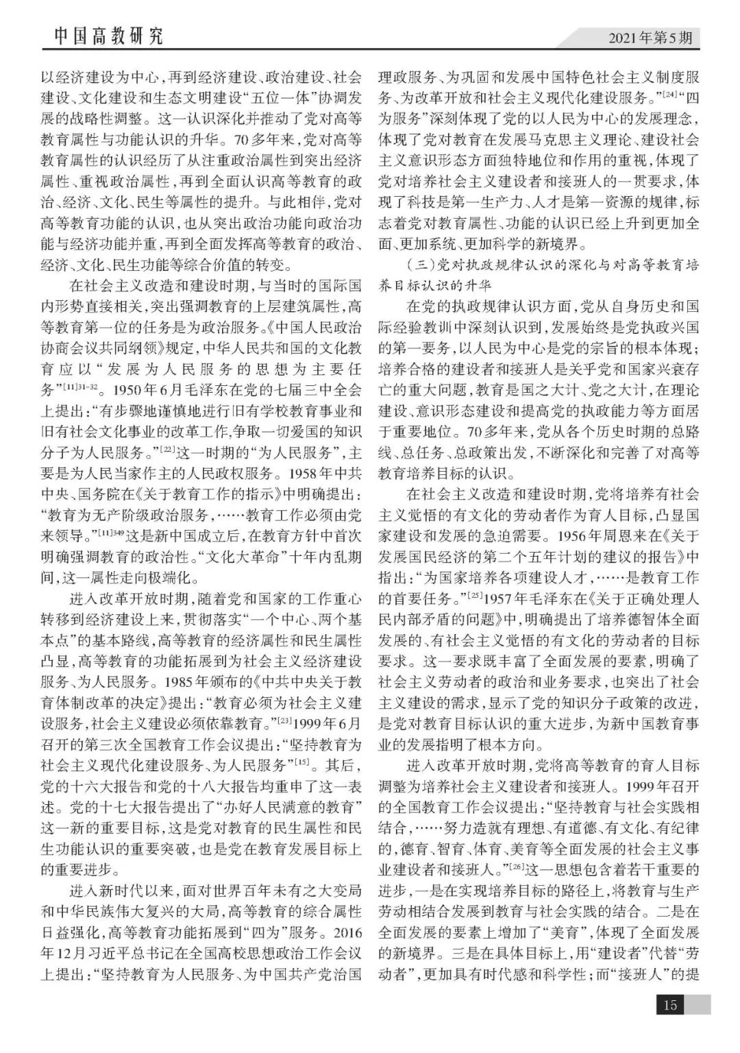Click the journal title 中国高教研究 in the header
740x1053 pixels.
tap(108, 36)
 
